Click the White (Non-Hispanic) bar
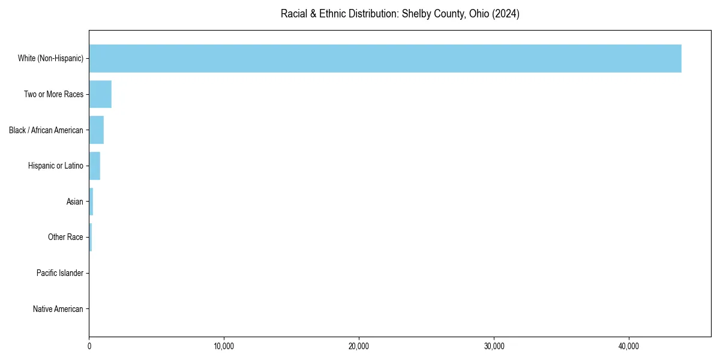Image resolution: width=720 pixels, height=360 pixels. coord(385,58)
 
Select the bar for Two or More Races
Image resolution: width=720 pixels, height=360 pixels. coord(100,94)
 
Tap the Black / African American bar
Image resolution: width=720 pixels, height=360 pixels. coord(96,130)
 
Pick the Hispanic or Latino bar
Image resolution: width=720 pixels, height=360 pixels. coord(94,166)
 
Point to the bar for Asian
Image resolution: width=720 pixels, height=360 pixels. coord(91,202)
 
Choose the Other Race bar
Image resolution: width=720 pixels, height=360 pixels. coord(91,237)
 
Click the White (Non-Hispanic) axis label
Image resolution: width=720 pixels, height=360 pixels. coord(50,58)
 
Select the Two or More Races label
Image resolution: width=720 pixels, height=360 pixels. coord(53,94)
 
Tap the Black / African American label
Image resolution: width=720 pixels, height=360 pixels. coord(46,130)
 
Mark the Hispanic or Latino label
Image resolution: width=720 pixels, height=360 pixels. coord(55,166)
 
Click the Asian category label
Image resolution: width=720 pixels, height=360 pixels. coord(74,202)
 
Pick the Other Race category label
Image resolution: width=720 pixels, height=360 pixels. coord(65,237)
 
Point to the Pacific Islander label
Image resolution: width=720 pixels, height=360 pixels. coord(59,273)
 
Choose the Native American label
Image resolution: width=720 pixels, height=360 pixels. coord(58,309)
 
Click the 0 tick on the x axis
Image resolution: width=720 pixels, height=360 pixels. coord(89,346)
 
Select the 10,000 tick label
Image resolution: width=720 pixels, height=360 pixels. coord(224,346)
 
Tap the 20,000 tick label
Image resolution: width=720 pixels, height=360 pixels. coord(359,346)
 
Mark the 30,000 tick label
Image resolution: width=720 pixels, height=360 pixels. coord(494,346)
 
